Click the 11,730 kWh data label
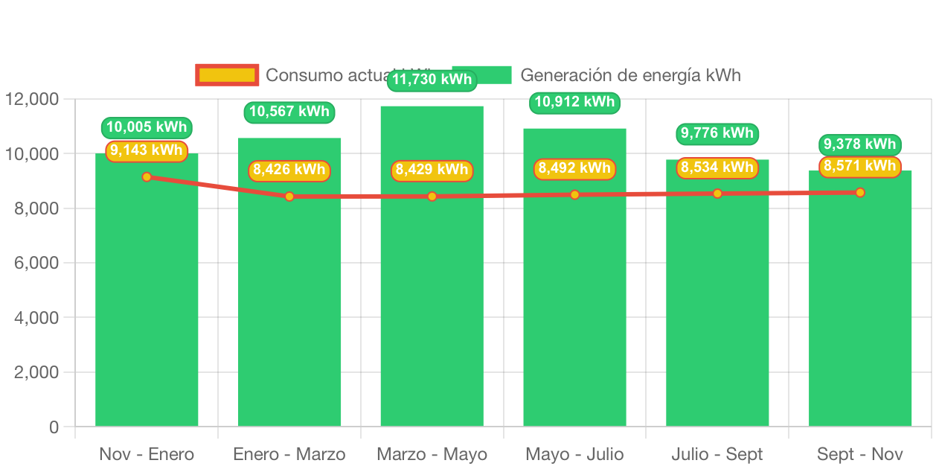432,80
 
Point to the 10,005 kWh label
147,127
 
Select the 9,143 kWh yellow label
147,150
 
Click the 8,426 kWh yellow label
289,170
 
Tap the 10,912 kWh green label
575,102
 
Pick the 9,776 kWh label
717,134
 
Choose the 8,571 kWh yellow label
860,166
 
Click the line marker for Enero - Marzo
289,197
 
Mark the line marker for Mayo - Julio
575,194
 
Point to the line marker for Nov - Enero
147,176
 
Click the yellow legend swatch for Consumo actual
227,74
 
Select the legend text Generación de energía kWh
630,75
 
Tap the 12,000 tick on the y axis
32,99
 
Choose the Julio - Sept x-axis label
717,454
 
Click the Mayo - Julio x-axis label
574,454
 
